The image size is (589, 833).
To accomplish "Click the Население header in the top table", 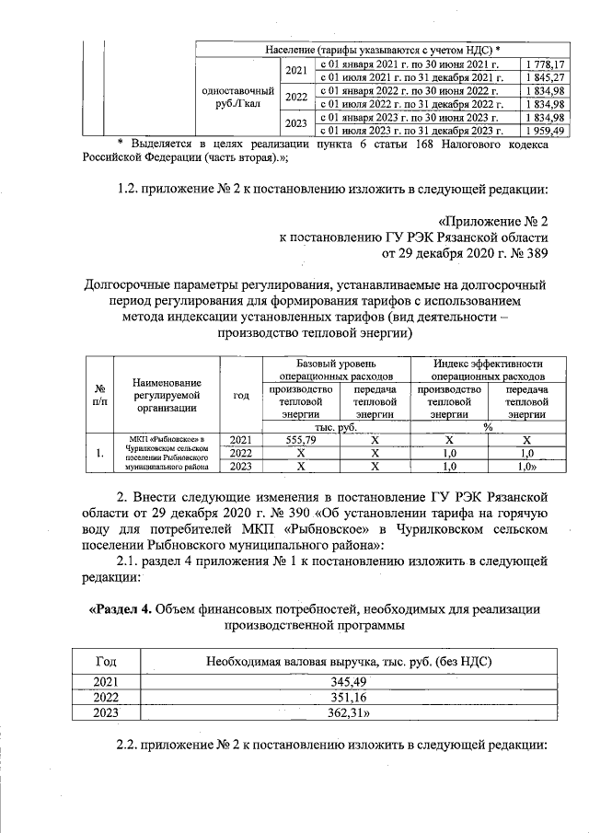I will coord(383,48).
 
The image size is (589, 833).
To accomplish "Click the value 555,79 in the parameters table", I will coord(301,440).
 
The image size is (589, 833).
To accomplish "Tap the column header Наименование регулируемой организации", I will coord(167,394).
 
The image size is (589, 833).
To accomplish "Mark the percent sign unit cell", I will coord(488,427).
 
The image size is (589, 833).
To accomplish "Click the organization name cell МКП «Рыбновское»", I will coord(167,453).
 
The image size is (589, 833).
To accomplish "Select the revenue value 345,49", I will coord(341,680).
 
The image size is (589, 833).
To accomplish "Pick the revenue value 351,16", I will coord(341,696).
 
